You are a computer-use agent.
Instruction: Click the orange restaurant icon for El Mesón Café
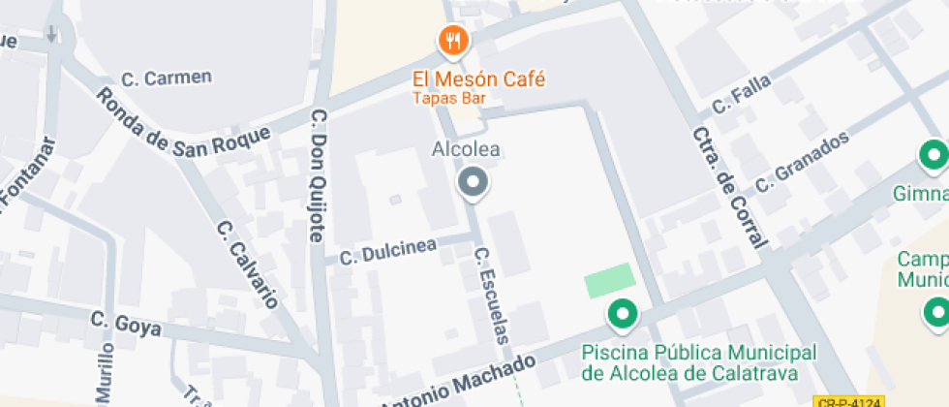(x=453, y=41)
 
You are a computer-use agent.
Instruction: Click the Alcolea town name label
(x=466, y=150)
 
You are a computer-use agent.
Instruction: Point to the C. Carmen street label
(x=167, y=78)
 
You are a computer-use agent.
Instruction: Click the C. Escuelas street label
(x=492, y=296)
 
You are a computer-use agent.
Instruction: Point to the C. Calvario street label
(x=248, y=264)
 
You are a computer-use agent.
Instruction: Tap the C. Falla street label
(x=742, y=94)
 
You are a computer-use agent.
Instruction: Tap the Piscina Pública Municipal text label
(x=699, y=362)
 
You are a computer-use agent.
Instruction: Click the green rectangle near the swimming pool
(x=609, y=280)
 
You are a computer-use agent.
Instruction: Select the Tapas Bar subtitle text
(x=448, y=98)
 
